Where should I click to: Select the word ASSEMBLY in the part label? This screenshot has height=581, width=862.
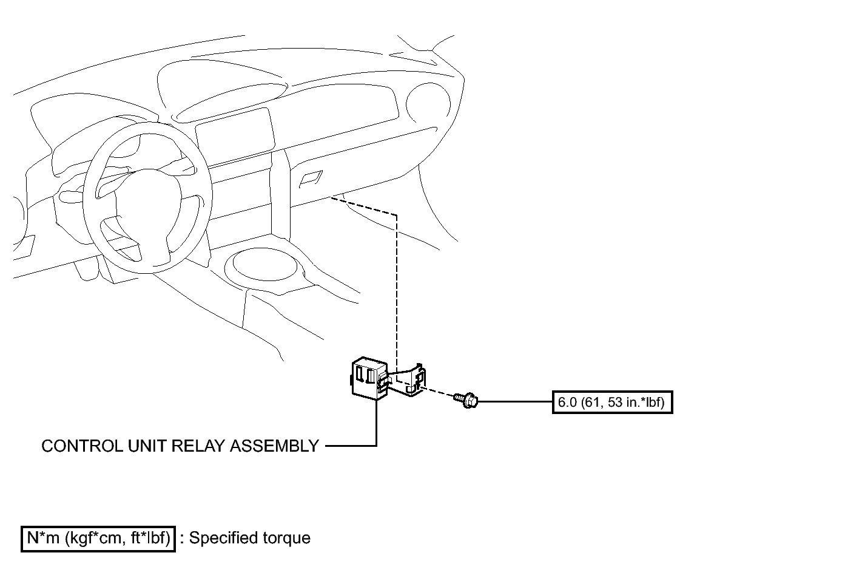[x=275, y=446]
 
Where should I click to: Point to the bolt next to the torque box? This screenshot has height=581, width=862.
[x=466, y=399]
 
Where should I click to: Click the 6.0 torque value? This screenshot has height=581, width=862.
[x=567, y=403]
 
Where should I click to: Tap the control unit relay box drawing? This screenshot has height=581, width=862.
[x=369, y=379]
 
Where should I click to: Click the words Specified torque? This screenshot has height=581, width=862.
[x=250, y=539]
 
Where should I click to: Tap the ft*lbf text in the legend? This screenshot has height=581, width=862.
[x=150, y=539]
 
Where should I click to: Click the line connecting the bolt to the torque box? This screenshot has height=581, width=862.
[x=515, y=401]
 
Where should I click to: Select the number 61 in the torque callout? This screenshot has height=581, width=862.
[x=589, y=403]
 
